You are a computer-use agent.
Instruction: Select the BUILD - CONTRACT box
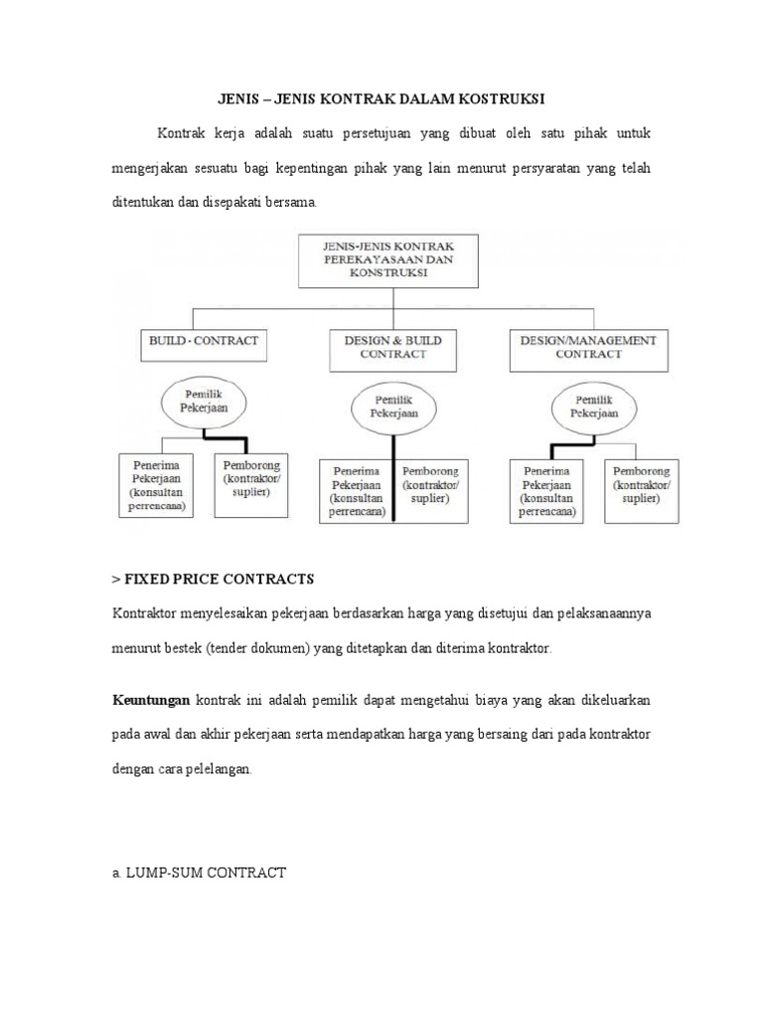tap(203, 341)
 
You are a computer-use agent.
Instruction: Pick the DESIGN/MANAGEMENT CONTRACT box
tap(588, 346)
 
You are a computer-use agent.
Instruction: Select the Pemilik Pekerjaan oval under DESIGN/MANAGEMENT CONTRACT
tap(593, 405)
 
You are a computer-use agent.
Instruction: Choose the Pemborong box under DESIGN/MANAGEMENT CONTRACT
tap(642, 484)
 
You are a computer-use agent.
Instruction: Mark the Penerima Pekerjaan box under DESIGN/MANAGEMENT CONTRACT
tap(547, 490)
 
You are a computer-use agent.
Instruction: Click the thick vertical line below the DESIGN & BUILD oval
tap(394, 477)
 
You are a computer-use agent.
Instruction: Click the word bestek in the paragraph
tap(182, 648)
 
